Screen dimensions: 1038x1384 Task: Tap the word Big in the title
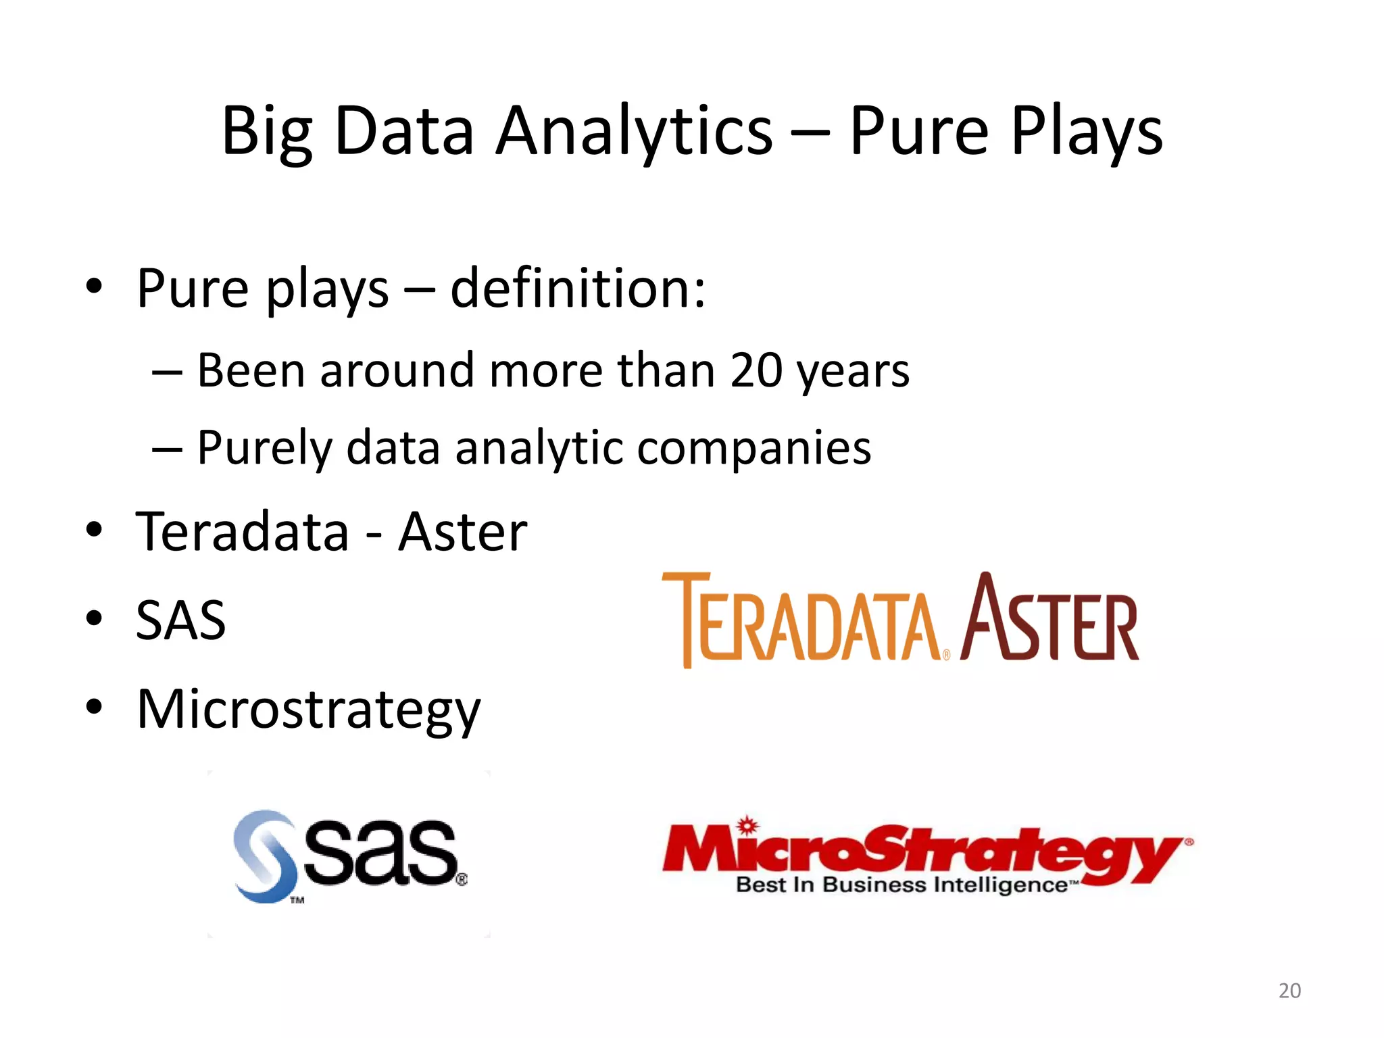click(x=267, y=132)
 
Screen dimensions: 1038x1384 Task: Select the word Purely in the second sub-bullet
click(x=264, y=449)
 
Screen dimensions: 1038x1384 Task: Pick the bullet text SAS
click(x=180, y=620)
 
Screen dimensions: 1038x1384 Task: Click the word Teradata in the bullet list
click(x=243, y=532)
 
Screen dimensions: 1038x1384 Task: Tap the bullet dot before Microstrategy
click(x=94, y=707)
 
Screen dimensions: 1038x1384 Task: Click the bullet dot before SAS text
click(x=94, y=618)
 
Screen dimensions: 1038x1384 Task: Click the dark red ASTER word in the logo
click(x=1050, y=618)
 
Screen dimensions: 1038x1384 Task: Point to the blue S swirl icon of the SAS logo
click(x=265, y=856)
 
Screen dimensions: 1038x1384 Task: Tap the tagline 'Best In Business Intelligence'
click(x=902, y=885)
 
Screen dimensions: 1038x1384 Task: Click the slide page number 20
click(x=1289, y=991)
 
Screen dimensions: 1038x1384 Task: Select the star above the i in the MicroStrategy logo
click(x=747, y=825)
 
